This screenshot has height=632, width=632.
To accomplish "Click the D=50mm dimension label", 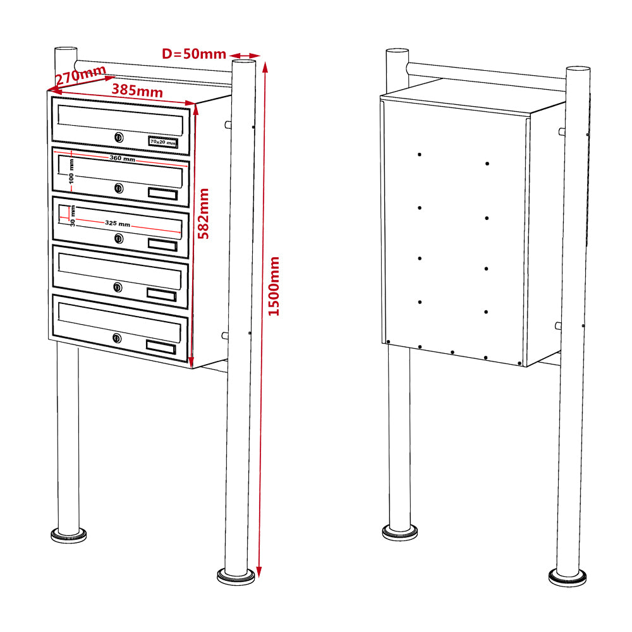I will point(194,54).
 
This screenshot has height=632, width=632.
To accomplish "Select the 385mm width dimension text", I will point(137,90).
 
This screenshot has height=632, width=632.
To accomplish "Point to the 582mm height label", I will point(204,212).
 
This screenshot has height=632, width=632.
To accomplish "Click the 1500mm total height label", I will point(274,286).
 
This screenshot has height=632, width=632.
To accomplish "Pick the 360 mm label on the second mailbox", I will point(122,158).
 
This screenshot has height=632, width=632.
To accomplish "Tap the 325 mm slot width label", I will point(118,224).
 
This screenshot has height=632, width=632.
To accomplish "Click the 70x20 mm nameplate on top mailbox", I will point(162,143).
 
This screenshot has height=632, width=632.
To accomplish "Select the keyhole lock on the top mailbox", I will point(118,137).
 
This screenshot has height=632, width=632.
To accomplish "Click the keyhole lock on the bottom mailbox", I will point(118,338).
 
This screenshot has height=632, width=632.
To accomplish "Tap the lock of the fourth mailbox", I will point(118,288).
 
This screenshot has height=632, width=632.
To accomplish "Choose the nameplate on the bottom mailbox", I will point(161,346).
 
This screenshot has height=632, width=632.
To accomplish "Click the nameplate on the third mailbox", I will point(162,244).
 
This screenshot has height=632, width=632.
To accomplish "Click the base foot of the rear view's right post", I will point(569,576).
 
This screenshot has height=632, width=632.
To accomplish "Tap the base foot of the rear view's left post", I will point(399,532).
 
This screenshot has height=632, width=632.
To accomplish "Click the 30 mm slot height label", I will point(73,215).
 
